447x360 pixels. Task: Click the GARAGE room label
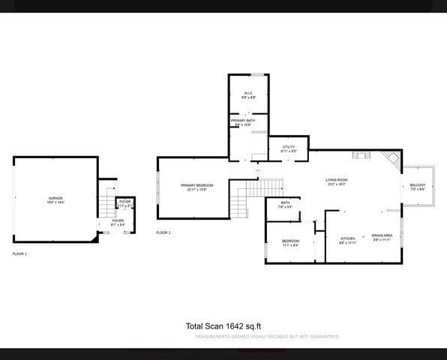click(x=55, y=198)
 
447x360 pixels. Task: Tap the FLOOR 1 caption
click(x=19, y=254)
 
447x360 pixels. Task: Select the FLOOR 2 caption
click(x=163, y=232)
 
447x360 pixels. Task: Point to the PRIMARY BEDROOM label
click(x=196, y=185)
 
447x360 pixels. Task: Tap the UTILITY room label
click(x=289, y=147)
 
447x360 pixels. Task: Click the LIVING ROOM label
click(x=336, y=180)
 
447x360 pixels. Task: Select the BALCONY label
click(x=417, y=185)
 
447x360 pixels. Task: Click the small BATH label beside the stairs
click(x=285, y=202)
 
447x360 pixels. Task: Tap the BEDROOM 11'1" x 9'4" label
click(x=290, y=241)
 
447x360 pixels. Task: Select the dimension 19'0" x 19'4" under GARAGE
click(x=55, y=202)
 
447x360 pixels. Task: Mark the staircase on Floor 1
click(x=106, y=204)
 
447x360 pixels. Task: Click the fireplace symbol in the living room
click(x=359, y=155)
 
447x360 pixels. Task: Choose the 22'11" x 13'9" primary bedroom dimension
click(x=196, y=190)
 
